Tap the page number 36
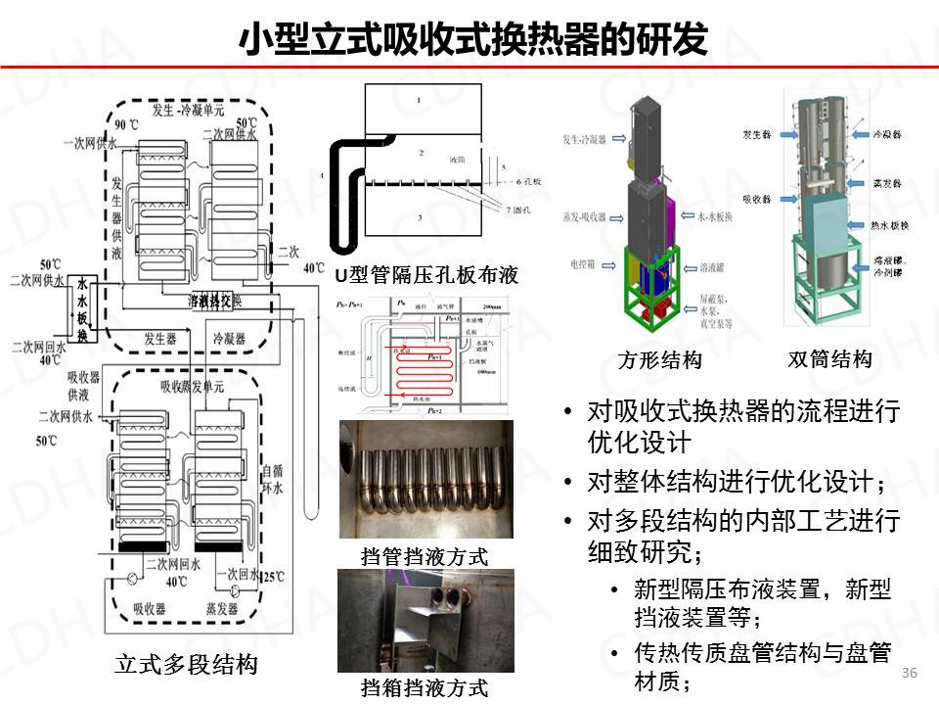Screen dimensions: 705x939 coord(909,673)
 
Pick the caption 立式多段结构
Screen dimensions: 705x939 coord(186,665)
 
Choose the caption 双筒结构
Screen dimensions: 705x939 coord(829,359)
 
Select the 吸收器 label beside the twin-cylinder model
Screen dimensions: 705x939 coord(758,199)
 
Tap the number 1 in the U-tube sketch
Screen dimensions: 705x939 coord(418,101)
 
